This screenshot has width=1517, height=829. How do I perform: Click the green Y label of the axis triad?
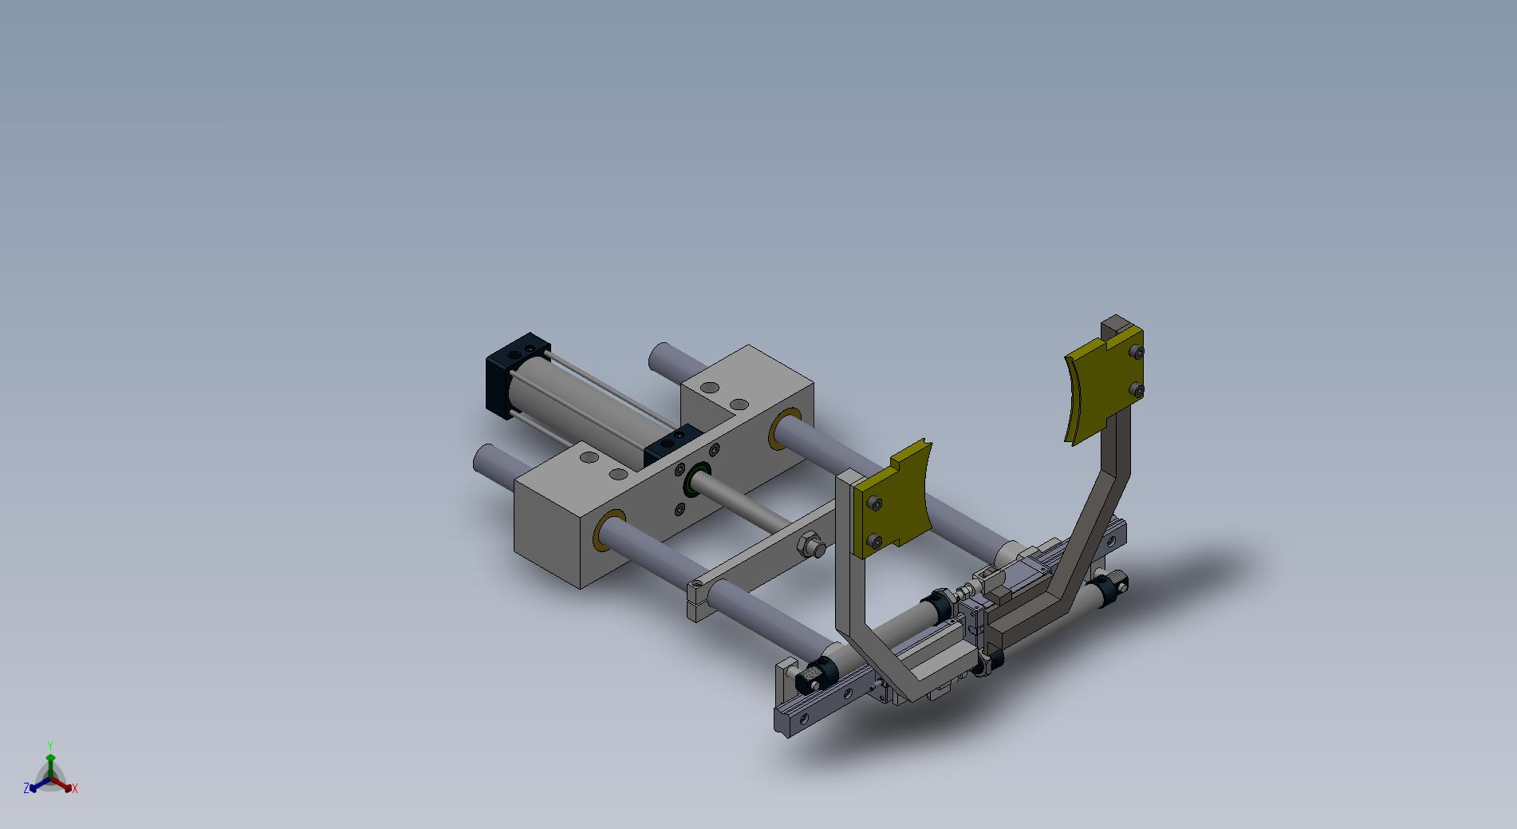(49, 744)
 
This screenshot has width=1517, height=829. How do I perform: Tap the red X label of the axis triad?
(75, 788)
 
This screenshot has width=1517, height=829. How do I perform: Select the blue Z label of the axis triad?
(26, 788)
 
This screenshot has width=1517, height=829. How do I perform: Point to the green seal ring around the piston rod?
(696, 479)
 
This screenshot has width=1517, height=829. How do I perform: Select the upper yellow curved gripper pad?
(1105, 386)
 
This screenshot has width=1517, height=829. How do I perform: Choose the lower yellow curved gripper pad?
(894, 501)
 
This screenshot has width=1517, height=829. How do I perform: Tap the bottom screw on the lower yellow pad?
(876, 543)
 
